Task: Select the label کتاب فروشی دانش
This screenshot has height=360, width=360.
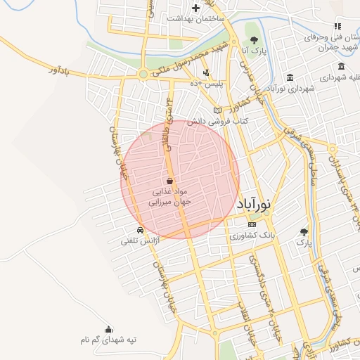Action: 193,122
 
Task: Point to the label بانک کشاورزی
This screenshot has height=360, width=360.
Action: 252,235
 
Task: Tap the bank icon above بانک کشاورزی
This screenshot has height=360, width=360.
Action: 252,224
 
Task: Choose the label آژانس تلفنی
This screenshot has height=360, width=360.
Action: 141,241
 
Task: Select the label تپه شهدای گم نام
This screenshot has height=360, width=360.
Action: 108,340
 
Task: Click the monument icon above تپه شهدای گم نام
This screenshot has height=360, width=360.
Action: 108,329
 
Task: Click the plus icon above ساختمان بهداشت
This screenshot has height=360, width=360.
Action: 195,8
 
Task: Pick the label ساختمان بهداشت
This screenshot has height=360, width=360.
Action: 195,18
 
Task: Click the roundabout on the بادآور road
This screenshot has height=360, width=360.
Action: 145,74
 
